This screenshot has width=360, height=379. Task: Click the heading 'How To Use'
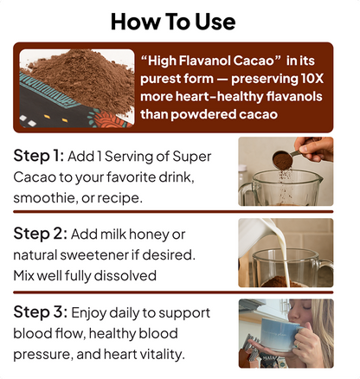click(x=179, y=22)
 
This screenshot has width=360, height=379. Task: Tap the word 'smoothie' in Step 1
click(x=46, y=197)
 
